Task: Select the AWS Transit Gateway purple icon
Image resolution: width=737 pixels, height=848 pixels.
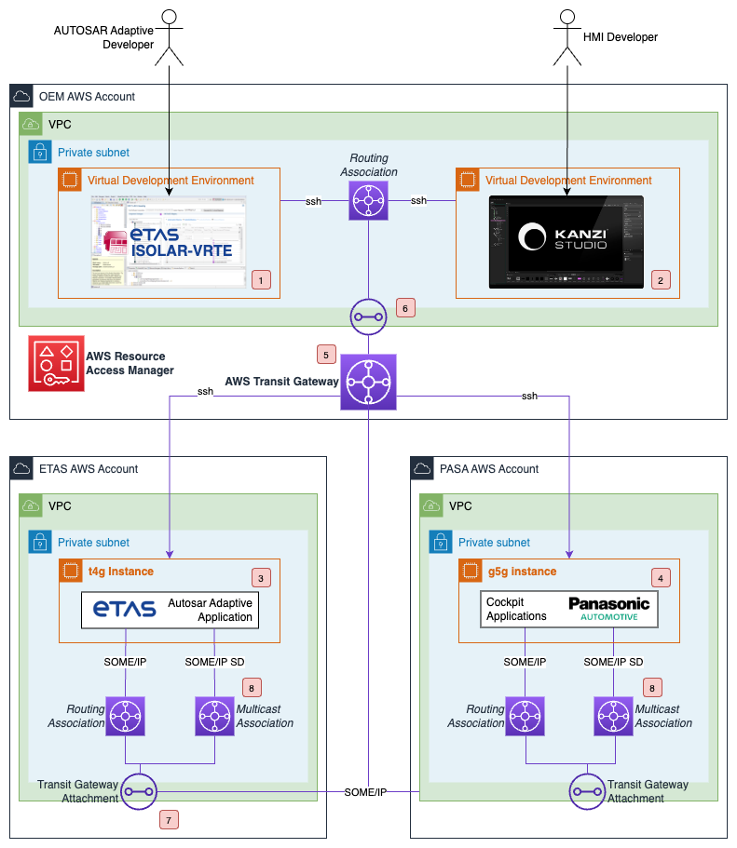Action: coord(369,381)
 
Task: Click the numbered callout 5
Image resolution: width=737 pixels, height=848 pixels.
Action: coord(325,355)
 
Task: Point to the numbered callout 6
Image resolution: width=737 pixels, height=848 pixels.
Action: coord(404,306)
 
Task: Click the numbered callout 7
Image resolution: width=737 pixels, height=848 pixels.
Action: coord(169,820)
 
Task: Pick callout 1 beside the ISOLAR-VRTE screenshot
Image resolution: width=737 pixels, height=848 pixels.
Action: coord(261,278)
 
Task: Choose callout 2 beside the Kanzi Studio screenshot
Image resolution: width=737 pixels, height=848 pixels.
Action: coord(661,278)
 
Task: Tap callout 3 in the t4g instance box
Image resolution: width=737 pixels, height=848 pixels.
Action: coord(263,578)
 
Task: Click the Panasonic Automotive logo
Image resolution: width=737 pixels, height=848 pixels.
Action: coord(609,610)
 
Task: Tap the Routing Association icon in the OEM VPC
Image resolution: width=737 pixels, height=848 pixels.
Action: coord(368,200)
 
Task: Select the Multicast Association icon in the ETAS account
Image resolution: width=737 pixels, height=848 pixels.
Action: coord(215,716)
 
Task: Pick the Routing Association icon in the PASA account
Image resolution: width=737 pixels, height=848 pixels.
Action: coord(525,716)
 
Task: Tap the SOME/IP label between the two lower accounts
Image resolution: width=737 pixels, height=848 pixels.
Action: coord(366,791)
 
